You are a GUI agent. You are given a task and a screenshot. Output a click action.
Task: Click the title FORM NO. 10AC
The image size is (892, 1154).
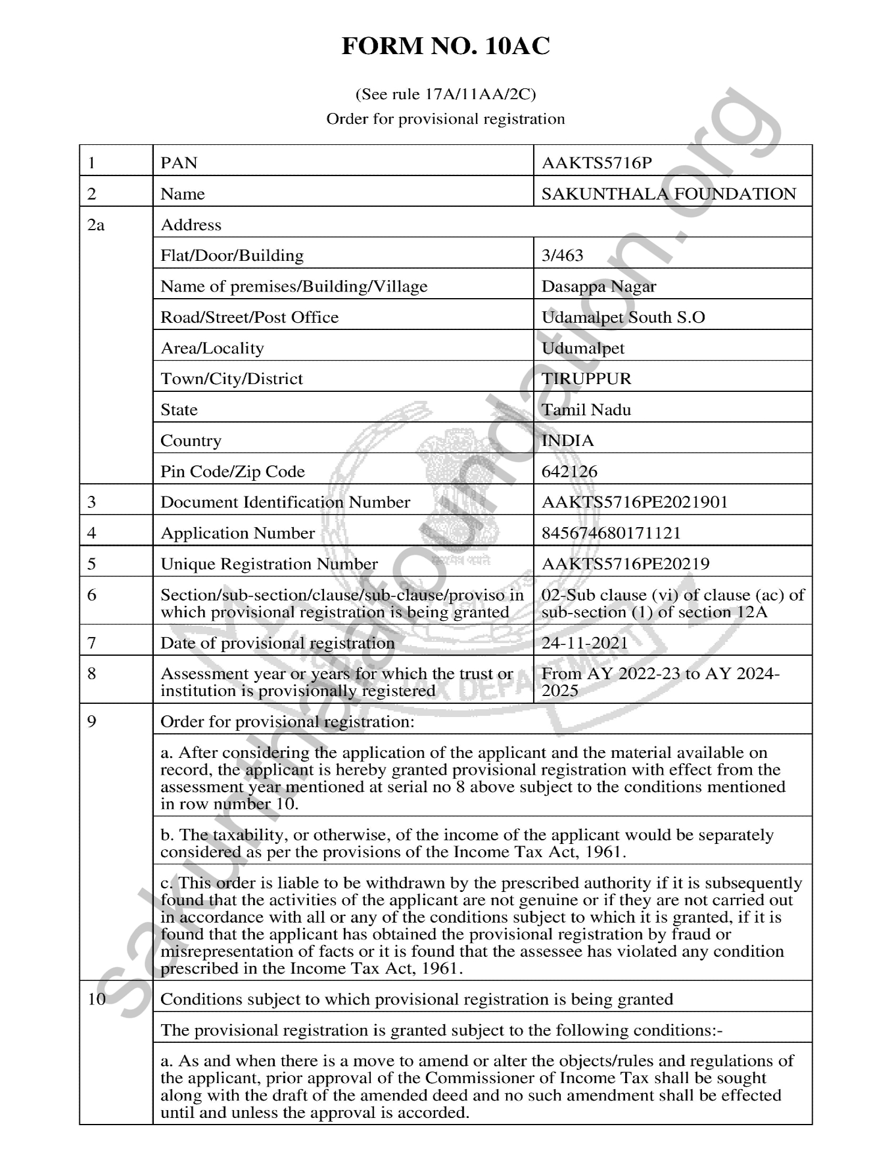pyautogui.click(x=445, y=46)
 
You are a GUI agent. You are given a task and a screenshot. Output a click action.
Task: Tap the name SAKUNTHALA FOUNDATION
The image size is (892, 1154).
pyautogui.click(x=668, y=194)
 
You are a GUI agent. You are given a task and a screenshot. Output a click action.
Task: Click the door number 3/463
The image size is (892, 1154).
pyautogui.click(x=562, y=255)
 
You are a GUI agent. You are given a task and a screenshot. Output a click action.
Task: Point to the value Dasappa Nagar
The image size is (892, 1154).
pyautogui.click(x=598, y=286)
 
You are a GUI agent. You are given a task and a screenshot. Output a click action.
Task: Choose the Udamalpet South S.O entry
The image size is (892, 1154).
pyautogui.click(x=623, y=317)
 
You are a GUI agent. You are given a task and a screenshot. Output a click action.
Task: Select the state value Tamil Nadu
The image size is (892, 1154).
pyautogui.click(x=586, y=410)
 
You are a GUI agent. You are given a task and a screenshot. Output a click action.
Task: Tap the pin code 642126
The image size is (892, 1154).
pyautogui.click(x=569, y=471)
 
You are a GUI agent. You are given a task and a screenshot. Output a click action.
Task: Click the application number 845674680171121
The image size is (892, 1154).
pyautogui.click(x=611, y=533)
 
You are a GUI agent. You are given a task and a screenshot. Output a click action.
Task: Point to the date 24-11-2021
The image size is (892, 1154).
pyautogui.click(x=584, y=643)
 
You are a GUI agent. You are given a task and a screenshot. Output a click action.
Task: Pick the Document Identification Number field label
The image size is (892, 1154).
pyautogui.click(x=285, y=502)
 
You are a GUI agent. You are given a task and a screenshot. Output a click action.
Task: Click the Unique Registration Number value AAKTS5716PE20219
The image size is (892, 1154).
pyautogui.click(x=625, y=564)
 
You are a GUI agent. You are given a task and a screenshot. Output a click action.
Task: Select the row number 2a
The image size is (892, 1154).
pyautogui.click(x=96, y=225)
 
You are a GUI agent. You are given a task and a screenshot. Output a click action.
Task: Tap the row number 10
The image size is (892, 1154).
pyautogui.click(x=96, y=999)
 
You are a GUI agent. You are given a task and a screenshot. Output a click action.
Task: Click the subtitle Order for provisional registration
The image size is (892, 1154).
pyautogui.click(x=445, y=119)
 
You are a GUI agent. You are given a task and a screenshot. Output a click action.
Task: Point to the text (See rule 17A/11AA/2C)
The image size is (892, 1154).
pyautogui.click(x=445, y=94)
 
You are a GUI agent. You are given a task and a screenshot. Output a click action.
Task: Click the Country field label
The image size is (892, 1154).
pyautogui.click(x=191, y=441)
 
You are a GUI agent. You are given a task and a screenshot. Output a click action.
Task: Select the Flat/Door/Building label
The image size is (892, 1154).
pyautogui.click(x=231, y=255)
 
